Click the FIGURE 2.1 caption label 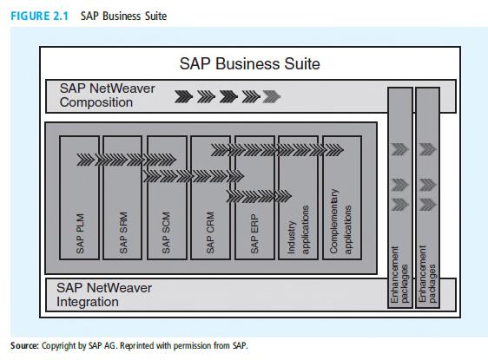40,16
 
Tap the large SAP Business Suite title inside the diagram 249,63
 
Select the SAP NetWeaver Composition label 107,95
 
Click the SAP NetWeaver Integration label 104,295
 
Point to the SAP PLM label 80,233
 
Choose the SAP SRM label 123,232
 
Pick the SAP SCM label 166,232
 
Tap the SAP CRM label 210,232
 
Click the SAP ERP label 254,233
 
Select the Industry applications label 298,230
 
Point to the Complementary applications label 340,222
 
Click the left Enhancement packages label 399,274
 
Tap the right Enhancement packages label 427,274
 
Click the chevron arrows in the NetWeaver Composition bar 228,96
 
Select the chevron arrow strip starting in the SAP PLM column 127,160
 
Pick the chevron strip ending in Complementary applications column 277,150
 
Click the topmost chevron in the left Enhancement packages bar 399,149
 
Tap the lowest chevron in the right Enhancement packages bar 427,205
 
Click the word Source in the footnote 24,346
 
